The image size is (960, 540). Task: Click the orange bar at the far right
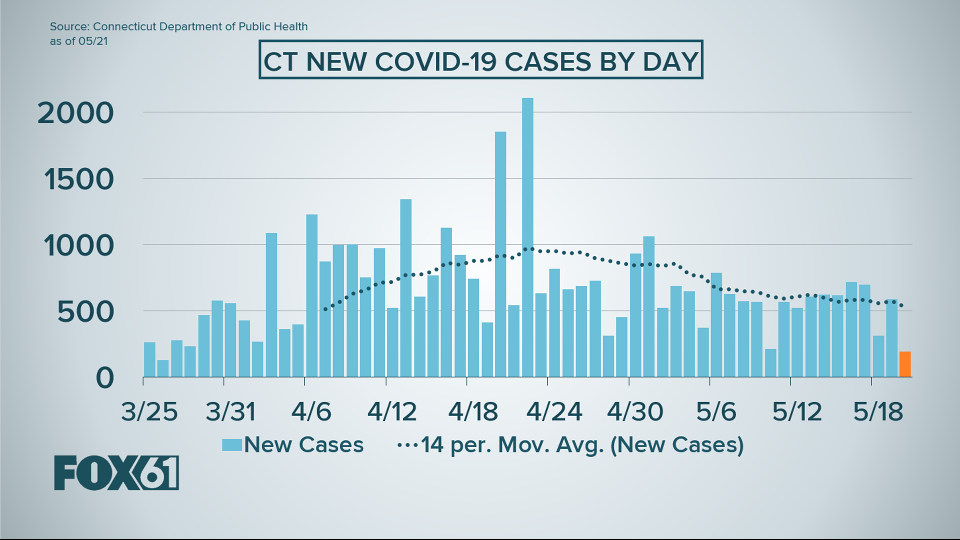point(905,364)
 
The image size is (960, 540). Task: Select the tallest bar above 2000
point(528,237)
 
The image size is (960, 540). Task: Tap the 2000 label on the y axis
point(76,114)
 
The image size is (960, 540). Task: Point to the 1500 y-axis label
point(79,180)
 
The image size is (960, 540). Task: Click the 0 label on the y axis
point(105,379)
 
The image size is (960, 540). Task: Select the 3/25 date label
point(149,412)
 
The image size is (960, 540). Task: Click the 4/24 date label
point(554,412)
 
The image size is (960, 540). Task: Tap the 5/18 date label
point(878,412)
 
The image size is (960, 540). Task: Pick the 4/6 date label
point(311,412)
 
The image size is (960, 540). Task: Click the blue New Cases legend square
point(232,445)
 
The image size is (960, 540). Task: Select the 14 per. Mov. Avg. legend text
point(582,445)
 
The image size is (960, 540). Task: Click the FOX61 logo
point(116,473)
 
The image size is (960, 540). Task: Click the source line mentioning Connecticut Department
point(179,27)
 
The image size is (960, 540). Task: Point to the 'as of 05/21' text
point(79,41)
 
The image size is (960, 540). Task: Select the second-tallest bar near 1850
point(500,254)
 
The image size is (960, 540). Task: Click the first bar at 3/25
point(149,359)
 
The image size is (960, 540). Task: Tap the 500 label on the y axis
point(85,313)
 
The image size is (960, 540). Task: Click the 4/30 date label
point(635,412)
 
